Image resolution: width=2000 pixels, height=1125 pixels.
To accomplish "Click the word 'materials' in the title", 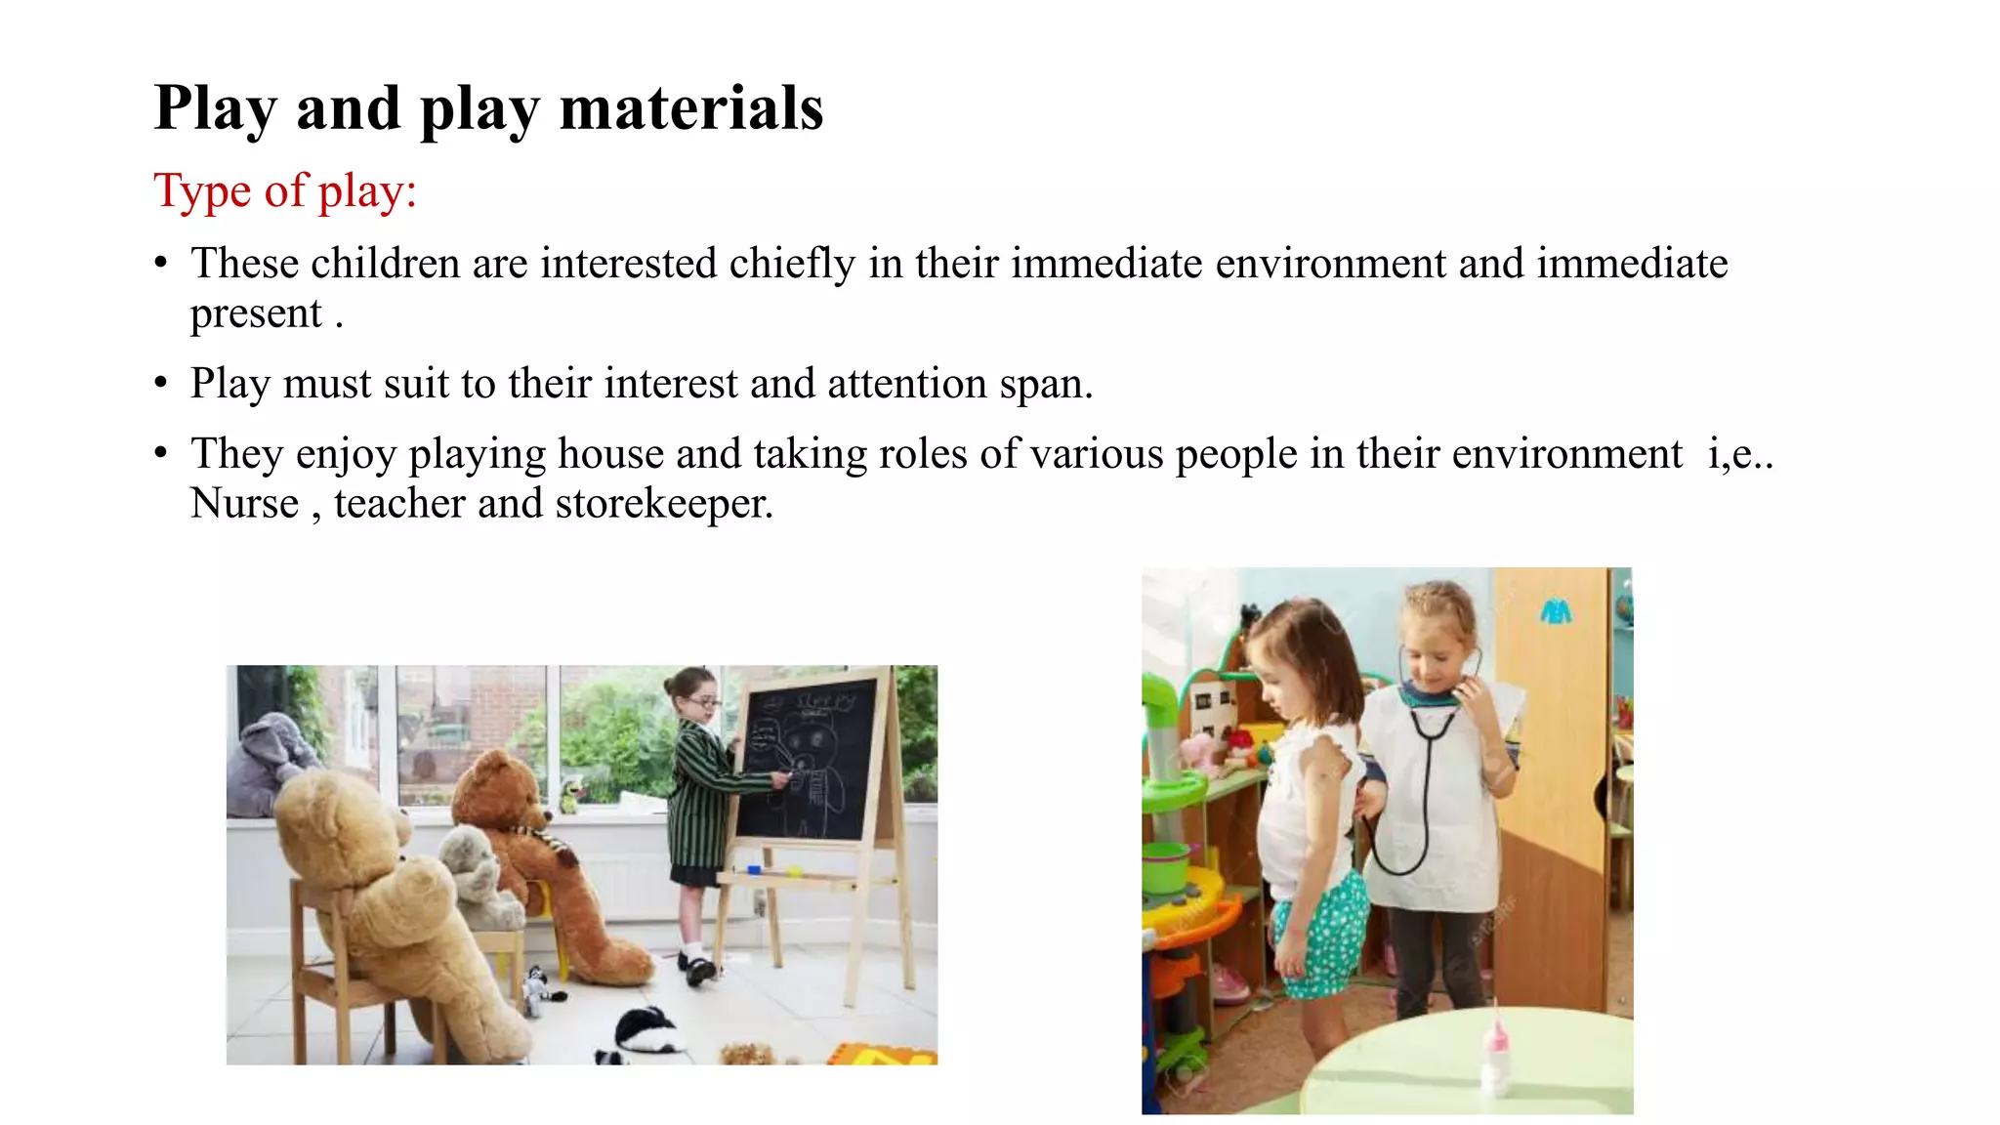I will click(691, 107).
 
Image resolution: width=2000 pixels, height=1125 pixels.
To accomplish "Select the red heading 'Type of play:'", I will click(285, 190).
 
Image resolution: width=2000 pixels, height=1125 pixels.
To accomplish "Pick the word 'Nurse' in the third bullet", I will click(244, 504).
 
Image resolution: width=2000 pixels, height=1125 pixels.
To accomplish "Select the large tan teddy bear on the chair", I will click(381, 898).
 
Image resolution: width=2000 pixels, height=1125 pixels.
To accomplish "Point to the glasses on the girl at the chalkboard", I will click(705, 702).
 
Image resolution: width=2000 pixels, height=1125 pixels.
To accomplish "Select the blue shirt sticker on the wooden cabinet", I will click(1556, 611).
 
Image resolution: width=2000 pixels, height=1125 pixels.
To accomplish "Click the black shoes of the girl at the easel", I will click(700, 969).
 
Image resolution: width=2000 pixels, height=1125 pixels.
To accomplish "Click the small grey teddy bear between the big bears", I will click(479, 874).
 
